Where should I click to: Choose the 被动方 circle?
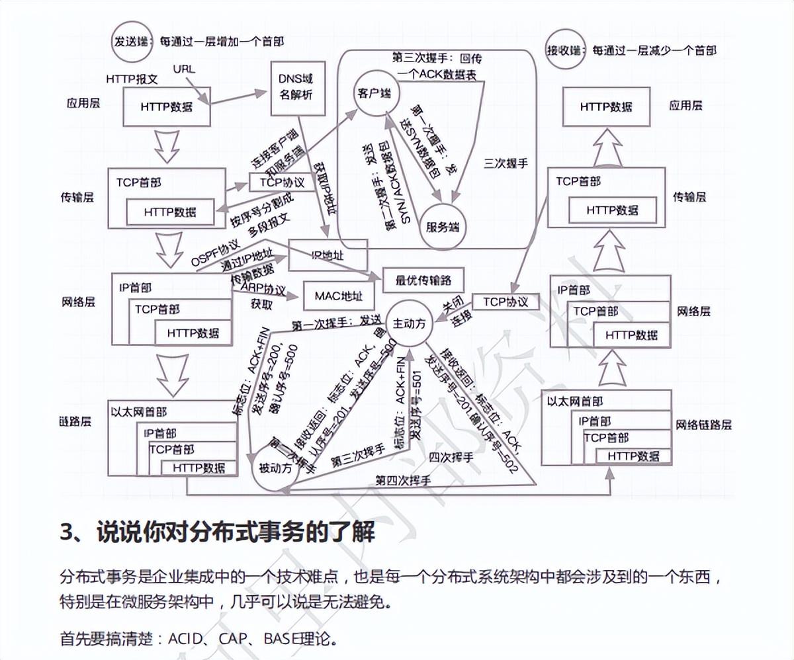pos(275,468)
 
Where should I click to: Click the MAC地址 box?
pos(339,297)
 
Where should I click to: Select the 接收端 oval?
pos(564,50)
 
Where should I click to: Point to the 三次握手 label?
pos(506,163)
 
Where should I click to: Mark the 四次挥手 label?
pos(451,457)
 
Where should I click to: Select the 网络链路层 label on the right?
pos(704,425)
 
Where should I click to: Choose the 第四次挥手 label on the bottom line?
pos(403,479)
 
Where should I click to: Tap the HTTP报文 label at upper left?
pos(132,78)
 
